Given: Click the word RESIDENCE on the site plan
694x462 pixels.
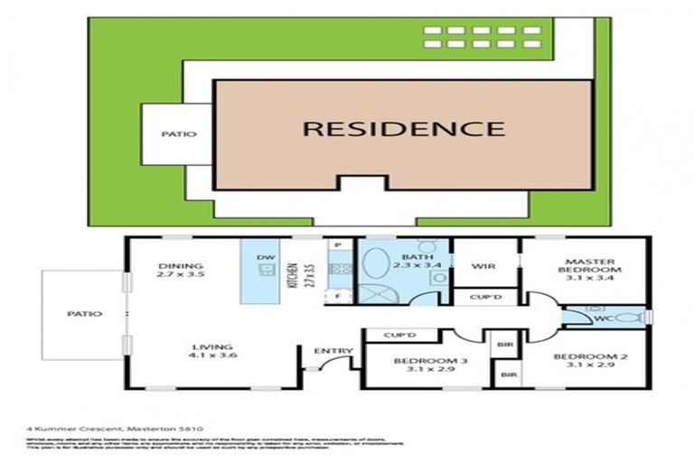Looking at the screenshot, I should pyautogui.click(x=403, y=129).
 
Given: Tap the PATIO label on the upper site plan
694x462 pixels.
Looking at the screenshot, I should pyautogui.click(x=178, y=134).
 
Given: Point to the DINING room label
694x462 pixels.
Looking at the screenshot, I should pyautogui.click(x=173, y=266).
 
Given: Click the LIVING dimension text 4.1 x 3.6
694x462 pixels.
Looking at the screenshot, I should pyautogui.click(x=212, y=356).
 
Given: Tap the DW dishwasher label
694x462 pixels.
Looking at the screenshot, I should pyautogui.click(x=265, y=258).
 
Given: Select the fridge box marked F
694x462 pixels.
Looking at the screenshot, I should pyautogui.click(x=337, y=295).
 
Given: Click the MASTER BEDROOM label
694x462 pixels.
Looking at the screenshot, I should pyautogui.click(x=588, y=264).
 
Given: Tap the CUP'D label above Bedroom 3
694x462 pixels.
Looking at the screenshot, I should pyautogui.click(x=398, y=336).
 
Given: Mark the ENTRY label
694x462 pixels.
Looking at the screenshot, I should pyautogui.click(x=327, y=351).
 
